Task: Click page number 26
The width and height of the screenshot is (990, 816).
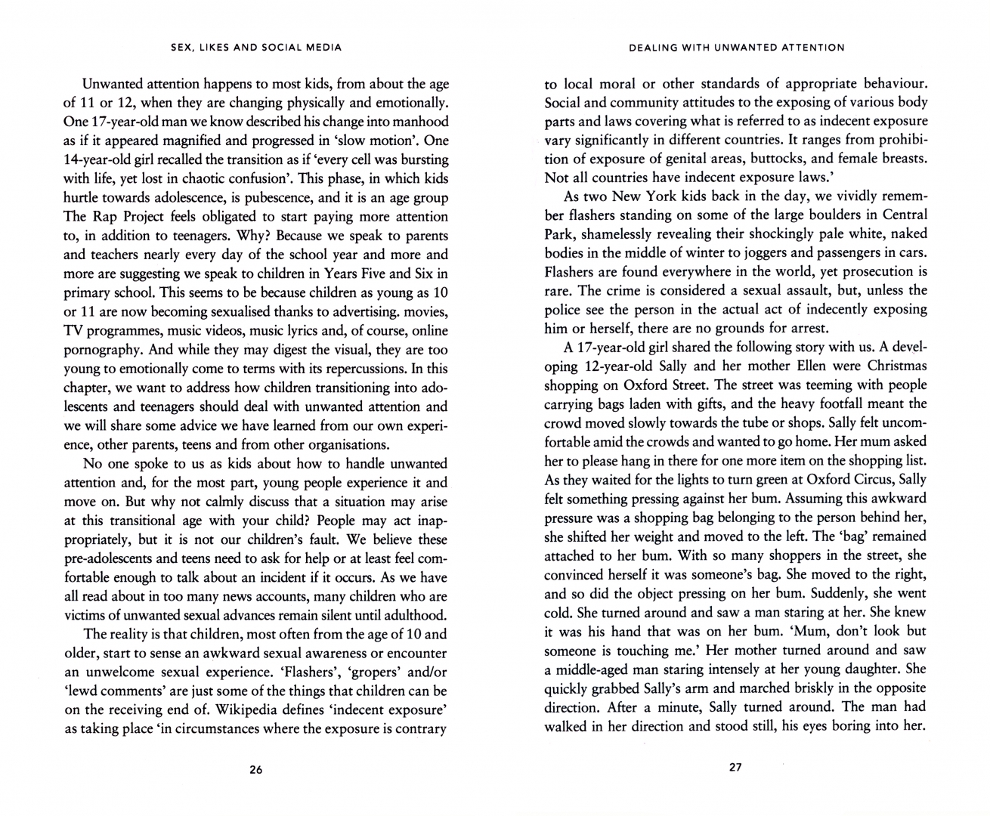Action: [x=255, y=770]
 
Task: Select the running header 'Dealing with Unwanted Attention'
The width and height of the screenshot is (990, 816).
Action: [x=736, y=47]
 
